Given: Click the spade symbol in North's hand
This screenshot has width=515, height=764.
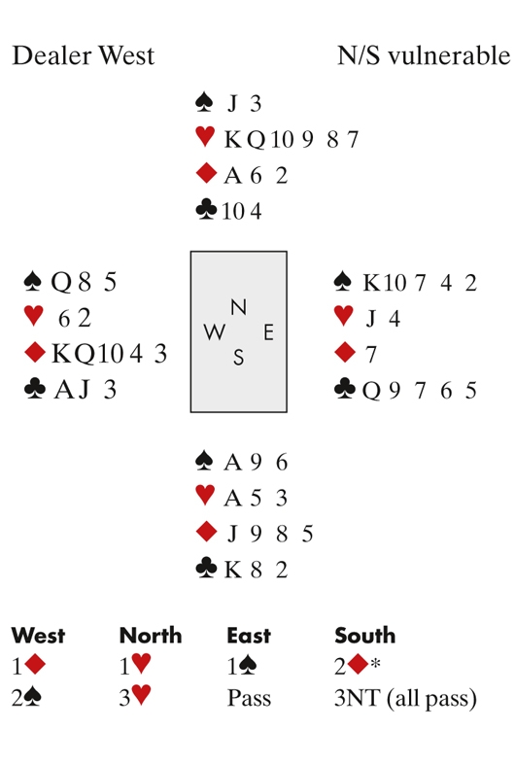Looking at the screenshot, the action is pos(204,103).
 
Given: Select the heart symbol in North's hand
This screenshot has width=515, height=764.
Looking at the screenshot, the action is pos(205,137).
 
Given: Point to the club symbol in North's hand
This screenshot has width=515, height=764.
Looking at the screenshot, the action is pos(206,211).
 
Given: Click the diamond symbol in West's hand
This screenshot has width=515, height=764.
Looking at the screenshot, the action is pos(35,353).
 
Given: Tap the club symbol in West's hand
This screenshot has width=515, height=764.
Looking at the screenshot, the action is pos(35,390).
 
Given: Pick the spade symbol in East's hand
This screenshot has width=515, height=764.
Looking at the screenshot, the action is pos(344,282).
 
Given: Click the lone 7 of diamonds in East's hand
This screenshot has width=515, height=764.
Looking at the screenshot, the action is pos(371,354).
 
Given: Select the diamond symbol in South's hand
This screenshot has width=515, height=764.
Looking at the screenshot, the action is pos(206,532).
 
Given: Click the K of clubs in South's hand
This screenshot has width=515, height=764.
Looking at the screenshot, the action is pos(233,569).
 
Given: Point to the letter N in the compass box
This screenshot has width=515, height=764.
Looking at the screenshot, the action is pos(238,307).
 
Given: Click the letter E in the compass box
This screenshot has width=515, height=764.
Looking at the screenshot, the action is pos(268,332).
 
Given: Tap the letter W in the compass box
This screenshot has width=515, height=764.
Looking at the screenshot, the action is pos(215,332).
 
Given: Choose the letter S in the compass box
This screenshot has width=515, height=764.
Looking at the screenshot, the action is pos(238,358).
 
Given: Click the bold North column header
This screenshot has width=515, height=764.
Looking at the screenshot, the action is pos(151,636).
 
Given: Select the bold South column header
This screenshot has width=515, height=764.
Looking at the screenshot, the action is pos(365,636).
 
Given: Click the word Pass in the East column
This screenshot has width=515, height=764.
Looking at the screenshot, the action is pos(249,698).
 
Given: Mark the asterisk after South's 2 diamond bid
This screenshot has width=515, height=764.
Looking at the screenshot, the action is pos(375,663).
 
